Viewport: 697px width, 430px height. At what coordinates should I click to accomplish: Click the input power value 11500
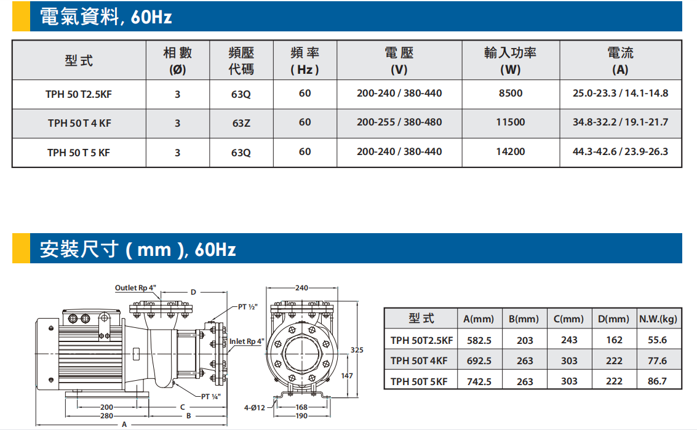[x=511, y=122]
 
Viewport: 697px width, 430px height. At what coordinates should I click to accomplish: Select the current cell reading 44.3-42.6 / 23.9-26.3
[x=620, y=151]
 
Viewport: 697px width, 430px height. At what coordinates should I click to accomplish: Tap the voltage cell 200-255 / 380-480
[x=399, y=122]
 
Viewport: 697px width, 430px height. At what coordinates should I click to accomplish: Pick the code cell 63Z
[x=241, y=123]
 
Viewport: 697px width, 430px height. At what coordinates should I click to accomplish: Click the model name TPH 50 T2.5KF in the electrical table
[x=79, y=94]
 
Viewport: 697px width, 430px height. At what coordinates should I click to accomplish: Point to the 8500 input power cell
[x=511, y=94]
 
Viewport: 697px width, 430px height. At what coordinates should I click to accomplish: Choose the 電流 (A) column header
[x=620, y=60]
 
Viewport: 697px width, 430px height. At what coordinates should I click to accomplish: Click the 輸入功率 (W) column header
[x=511, y=60]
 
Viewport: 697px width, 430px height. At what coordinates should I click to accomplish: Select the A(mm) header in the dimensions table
[x=479, y=319]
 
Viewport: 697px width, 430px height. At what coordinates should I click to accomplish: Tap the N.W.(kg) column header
[x=658, y=319]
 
